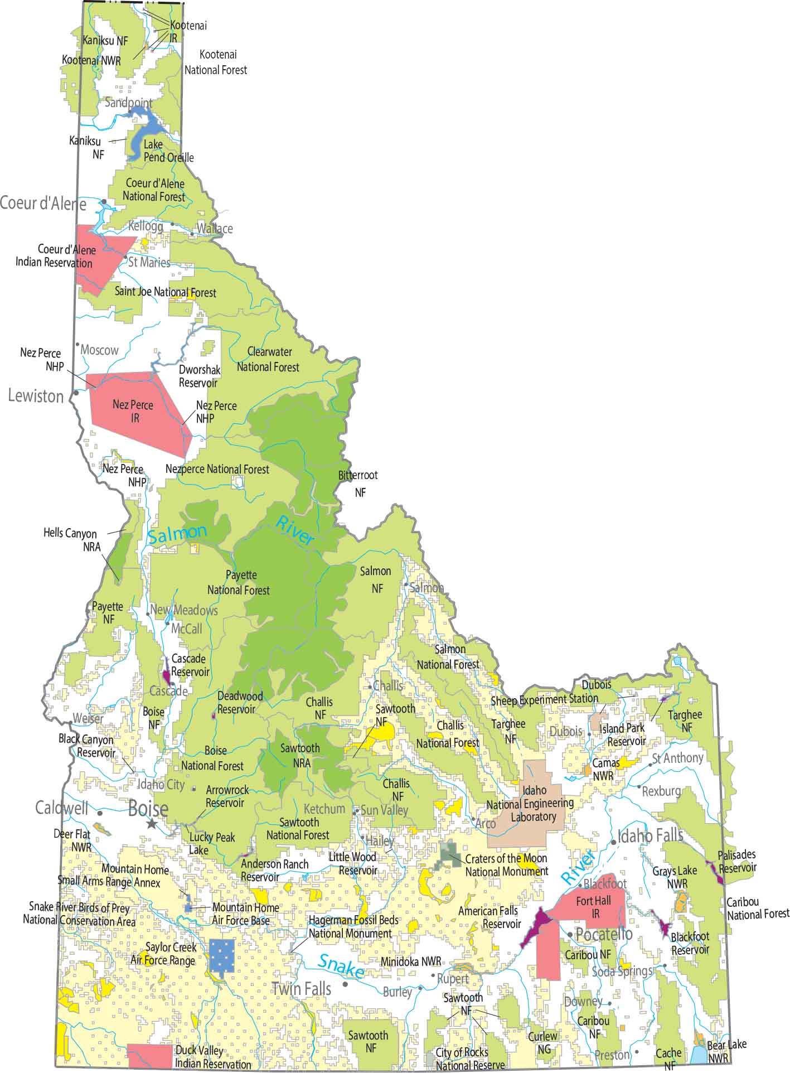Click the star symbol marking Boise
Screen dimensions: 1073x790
pyautogui.click(x=151, y=824)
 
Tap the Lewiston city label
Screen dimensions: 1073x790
pyautogui.click(x=36, y=396)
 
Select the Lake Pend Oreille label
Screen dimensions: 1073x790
pyautogui.click(x=168, y=151)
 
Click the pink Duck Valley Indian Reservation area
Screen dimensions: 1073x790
pyautogui.click(x=150, y=1056)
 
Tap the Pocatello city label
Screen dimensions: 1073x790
pyautogui.click(x=604, y=934)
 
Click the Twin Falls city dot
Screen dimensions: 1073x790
pyautogui.click(x=346, y=984)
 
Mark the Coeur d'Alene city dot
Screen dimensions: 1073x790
pyautogui.click(x=104, y=202)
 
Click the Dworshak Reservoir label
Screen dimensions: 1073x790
pyautogui.click(x=199, y=376)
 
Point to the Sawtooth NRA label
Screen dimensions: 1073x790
pyautogui.click(x=300, y=755)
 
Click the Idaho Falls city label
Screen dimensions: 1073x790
pyautogui.click(x=650, y=835)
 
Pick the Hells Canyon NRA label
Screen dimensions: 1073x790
pyautogui.click(x=70, y=540)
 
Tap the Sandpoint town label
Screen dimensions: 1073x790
pyautogui.click(x=129, y=103)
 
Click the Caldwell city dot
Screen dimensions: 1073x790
pyautogui.click(x=100, y=813)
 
